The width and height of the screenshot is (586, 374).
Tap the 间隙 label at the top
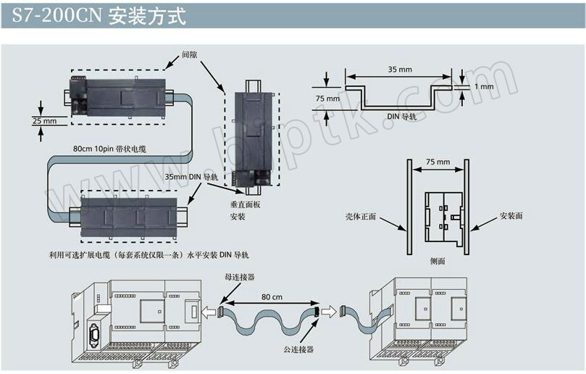(x=190, y=54)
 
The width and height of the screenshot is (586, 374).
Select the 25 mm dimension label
(x=45, y=121)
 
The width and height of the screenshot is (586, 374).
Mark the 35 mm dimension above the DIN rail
(x=401, y=70)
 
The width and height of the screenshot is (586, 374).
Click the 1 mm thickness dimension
(x=482, y=86)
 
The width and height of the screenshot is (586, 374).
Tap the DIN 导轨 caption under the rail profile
(x=401, y=116)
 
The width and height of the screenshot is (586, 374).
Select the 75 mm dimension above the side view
(x=437, y=162)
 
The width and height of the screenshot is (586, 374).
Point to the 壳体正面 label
(x=361, y=216)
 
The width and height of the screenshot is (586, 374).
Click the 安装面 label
(x=511, y=216)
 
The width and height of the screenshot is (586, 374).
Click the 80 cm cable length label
(x=271, y=296)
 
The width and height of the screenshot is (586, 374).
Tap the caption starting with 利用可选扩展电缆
(x=148, y=254)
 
